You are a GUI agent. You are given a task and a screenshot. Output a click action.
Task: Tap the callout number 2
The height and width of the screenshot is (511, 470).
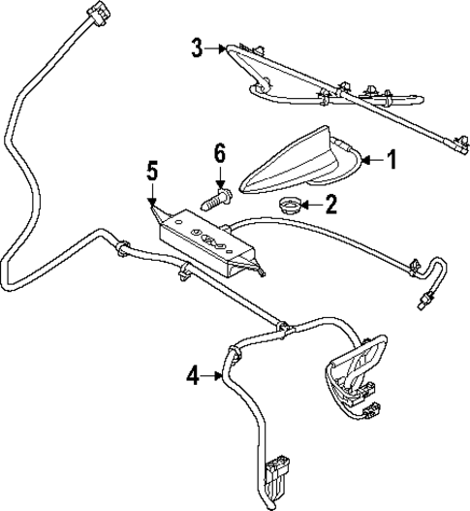tap(331, 204)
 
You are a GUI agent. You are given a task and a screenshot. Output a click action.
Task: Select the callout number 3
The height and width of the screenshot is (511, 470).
tap(198, 48)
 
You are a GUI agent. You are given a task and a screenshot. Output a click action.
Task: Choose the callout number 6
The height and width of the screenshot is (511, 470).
tap(220, 152)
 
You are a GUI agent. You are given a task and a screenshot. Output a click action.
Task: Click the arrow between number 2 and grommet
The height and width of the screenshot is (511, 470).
tap(311, 204)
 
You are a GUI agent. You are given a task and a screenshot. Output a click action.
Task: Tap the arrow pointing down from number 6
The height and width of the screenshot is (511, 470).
tap(220, 176)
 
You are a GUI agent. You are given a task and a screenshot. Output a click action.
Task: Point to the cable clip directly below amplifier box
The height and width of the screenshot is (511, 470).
tap(182, 278)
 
